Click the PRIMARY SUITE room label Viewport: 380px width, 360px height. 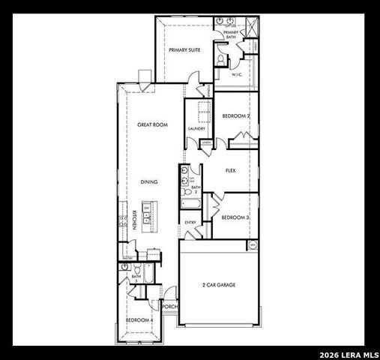[184, 49]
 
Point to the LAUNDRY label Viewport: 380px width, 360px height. [197, 128]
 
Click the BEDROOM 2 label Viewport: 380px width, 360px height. [235, 115]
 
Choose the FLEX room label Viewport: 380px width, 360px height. [231, 170]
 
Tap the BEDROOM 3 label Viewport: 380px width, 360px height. [235, 217]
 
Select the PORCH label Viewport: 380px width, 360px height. [169, 307]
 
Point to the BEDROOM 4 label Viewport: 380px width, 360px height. [139, 320]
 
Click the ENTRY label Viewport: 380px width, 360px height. [190, 223]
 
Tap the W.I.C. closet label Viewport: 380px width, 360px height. [236, 74]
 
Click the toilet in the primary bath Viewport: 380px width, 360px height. [220, 58]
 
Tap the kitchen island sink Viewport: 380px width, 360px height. [147, 222]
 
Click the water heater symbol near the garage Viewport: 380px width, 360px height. [253, 244]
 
